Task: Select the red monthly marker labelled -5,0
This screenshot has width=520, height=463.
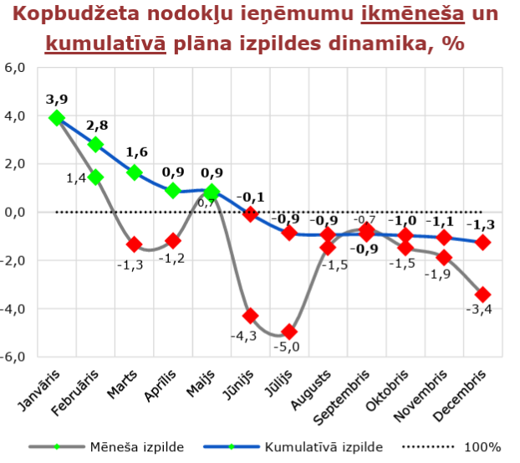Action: click(x=289, y=332)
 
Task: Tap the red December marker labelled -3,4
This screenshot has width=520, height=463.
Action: click(x=482, y=294)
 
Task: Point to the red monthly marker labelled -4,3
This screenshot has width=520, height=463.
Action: click(x=250, y=316)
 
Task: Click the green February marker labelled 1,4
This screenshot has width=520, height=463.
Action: click(x=95, y=177)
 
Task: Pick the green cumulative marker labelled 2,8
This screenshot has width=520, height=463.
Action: click(x=95, y=144)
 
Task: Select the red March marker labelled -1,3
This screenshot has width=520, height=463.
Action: click(x=134, y=244)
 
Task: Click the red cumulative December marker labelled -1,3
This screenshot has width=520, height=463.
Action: click(x=482, y=242)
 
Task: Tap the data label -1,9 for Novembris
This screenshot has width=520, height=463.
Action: click(x=439, y=275)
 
